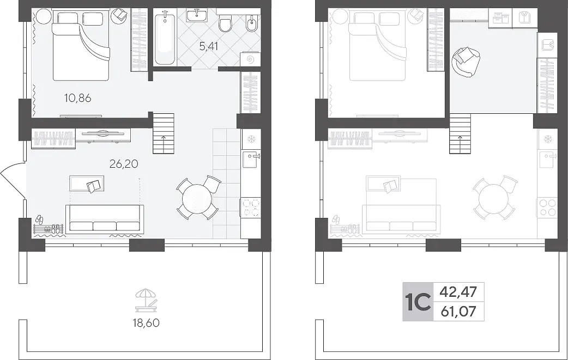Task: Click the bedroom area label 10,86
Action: [x=77, y=98]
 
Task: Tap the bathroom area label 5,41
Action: [x=209, y=46]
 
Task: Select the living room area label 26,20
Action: [x=124, y=164]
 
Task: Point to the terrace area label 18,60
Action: [x=146, y=322]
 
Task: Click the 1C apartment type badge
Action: [x=418, y=302]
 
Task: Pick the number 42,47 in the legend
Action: [x=458, y=291]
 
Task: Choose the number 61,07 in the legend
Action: [x=458, y=311]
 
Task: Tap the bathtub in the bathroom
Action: [x=165, y=37]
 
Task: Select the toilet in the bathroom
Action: [x=226, y=23]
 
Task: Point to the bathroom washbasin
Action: [x=197, y=16]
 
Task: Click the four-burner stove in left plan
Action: [x=251, y=208]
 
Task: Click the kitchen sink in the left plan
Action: [x=251, y=160]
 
